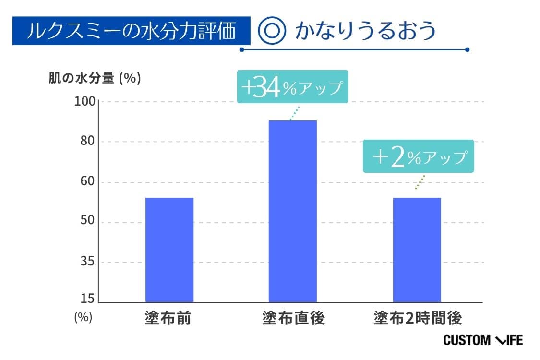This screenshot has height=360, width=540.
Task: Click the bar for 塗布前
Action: pos(169,250)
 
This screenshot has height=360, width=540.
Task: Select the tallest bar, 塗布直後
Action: pos(292,211)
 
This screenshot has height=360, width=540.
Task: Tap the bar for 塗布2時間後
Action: pos(417,250)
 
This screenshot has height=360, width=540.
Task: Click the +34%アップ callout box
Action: pos(292,87)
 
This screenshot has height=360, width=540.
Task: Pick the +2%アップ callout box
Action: pos(419,156)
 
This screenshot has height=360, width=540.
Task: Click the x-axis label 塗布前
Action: pos(168,318)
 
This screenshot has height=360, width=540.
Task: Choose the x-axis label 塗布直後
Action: pos(293,318)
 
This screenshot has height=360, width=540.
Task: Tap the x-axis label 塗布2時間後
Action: pos(417,318)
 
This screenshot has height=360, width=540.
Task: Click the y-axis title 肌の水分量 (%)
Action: pos(95,79)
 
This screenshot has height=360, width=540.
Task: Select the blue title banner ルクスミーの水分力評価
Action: pos(131,31)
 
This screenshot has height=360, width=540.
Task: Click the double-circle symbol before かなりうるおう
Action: pos(272,31)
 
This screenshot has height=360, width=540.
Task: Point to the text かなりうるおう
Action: pos(365,31)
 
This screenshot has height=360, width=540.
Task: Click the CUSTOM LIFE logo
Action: pos(482,340)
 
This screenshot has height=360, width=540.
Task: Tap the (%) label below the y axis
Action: pos(83,317)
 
